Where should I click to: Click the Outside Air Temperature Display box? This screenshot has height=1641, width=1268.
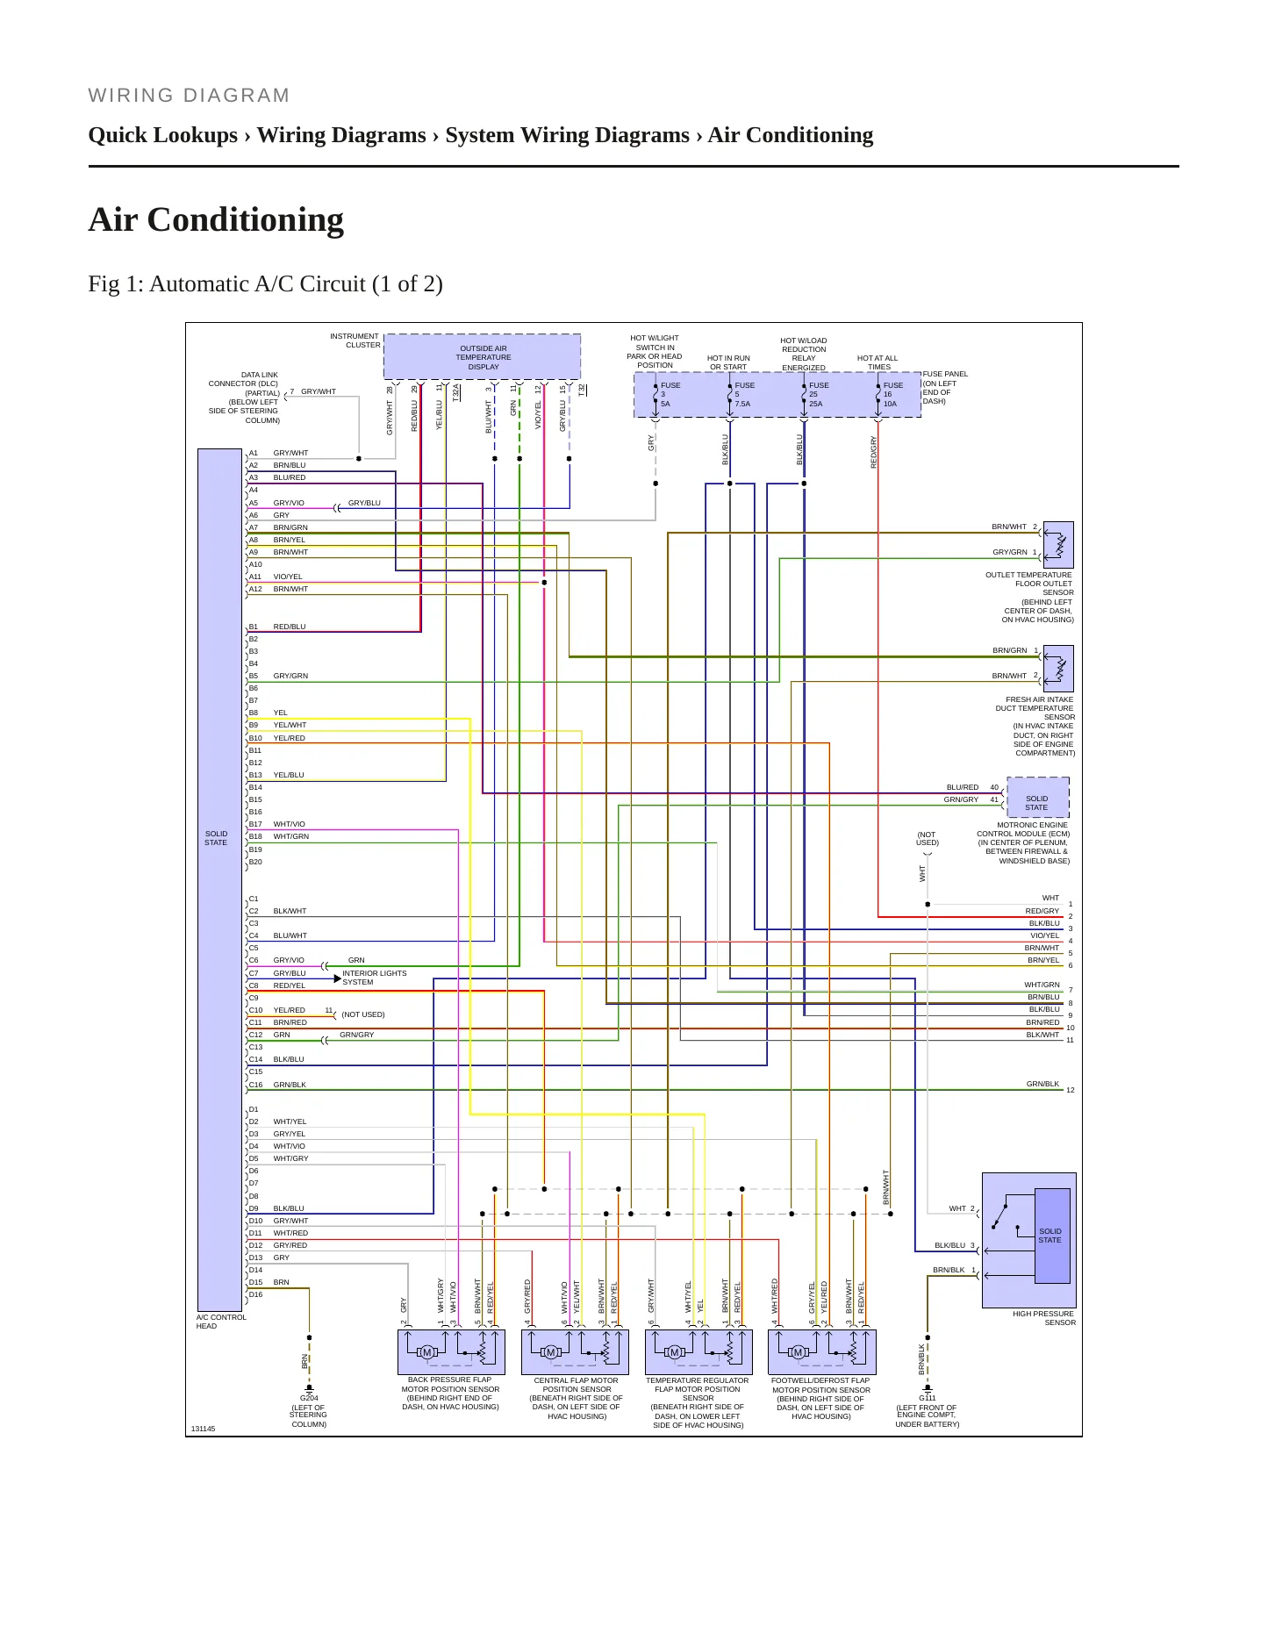tap(483, 356)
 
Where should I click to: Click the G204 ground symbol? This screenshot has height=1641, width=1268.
tap(309, 1389)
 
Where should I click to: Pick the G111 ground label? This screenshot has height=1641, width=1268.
tap(928, 1399)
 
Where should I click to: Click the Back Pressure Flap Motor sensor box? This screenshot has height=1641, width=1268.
tap(451, 1352)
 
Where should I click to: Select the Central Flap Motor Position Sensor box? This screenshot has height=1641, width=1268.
tap(575, 1352)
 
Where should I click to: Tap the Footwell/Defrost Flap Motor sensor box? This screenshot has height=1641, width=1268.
tap(822, 1352)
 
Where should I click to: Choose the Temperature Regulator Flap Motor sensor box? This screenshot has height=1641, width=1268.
tap(698, 1352)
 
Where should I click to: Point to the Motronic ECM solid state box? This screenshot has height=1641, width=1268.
tap(1038, 797)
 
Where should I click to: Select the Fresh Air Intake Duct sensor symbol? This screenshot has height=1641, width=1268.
tap(1058, 668)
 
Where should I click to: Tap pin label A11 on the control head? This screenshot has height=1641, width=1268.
tap(255, 577)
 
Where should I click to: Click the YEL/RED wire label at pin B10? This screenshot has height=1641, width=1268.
tap(290, 738)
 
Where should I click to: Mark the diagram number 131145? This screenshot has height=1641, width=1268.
tap(203, 1429)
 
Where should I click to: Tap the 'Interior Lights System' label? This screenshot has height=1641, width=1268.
tap(375, 978)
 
